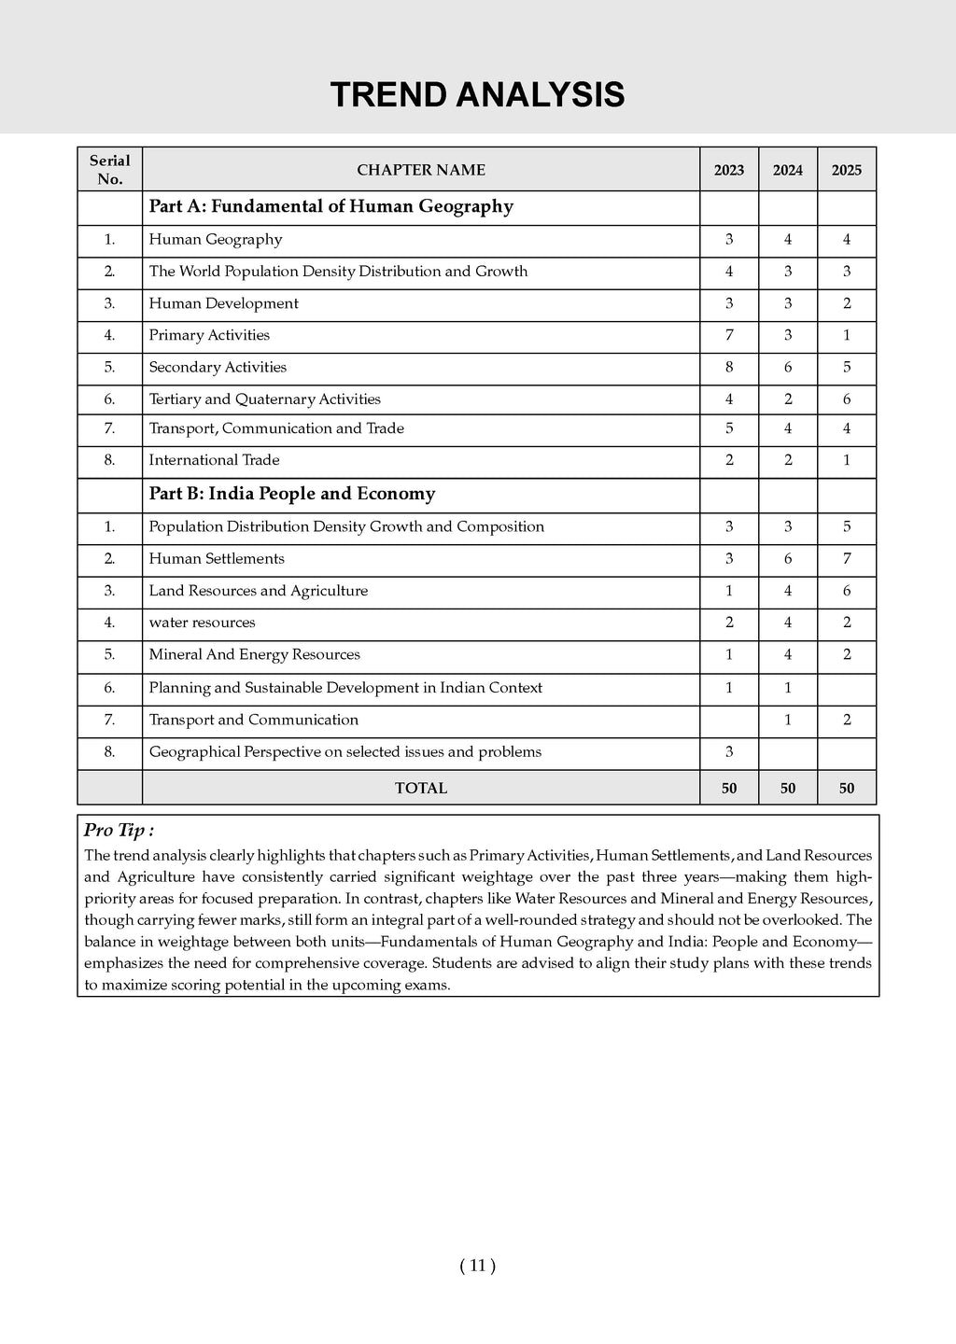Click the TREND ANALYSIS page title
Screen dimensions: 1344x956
coord(477,95)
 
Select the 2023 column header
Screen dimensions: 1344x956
coord(729,170)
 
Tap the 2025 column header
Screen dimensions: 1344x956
coord(847,170)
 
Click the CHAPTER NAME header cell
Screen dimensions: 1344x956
coord(421,170)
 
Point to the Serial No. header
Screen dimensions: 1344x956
coord(110,170)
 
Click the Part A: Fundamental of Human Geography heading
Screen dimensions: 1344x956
coord(331,206)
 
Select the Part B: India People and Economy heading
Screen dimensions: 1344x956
coord(292,494)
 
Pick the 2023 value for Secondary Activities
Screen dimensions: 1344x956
coord(729,368)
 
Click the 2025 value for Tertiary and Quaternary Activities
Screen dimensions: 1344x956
coord(847,399)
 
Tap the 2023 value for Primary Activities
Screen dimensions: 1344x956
coord(729,335)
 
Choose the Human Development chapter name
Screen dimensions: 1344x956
coord(224,303)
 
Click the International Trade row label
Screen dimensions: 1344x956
coord(214,460)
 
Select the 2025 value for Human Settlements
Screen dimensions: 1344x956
coord(847,559)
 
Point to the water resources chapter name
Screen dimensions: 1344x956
coord(202,623)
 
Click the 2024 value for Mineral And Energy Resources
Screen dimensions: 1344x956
coord(788,655)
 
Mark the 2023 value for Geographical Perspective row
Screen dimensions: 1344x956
coord(729,752)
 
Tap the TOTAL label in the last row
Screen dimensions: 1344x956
coord(421,789)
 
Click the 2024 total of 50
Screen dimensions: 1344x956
coord(788,789)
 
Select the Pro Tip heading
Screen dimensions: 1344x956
coord(119,831)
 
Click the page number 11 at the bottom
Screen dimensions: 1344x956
coord(477,1266)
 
